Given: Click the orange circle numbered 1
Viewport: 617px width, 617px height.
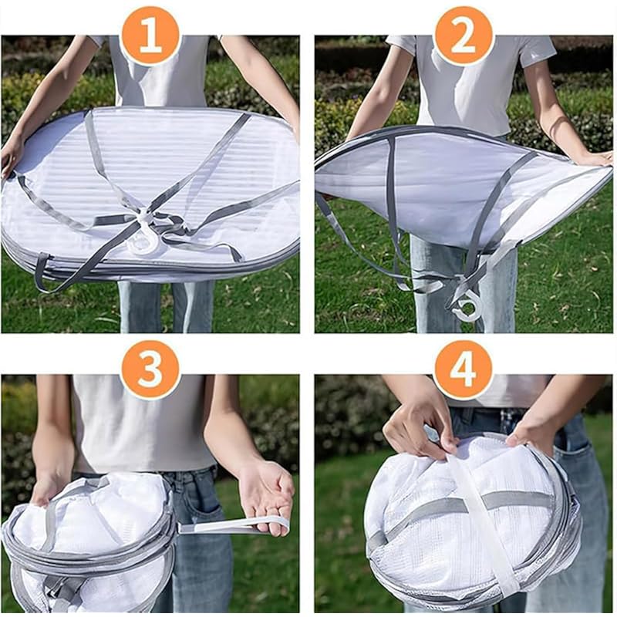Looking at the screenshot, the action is tap(150, 37).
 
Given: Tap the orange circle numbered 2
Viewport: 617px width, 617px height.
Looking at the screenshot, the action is tap(463, 37).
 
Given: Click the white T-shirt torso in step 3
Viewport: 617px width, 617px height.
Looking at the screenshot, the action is tap(142, 424).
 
